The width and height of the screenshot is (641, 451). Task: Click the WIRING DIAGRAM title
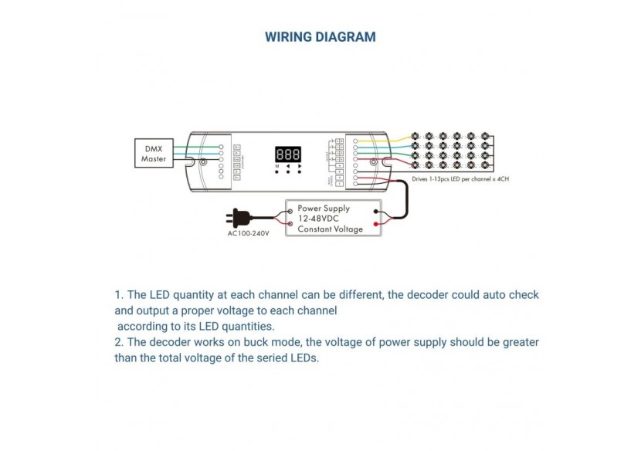(320, 37)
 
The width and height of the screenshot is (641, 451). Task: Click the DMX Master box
(153, 152)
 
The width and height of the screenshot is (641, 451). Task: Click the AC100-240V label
(248, 232)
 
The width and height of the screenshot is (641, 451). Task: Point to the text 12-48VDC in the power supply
(318, 219)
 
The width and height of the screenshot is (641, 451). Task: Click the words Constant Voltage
(331, 229)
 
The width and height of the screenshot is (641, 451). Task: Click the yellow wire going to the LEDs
(402, 139)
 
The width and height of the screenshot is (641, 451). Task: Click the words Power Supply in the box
(324, 208)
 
